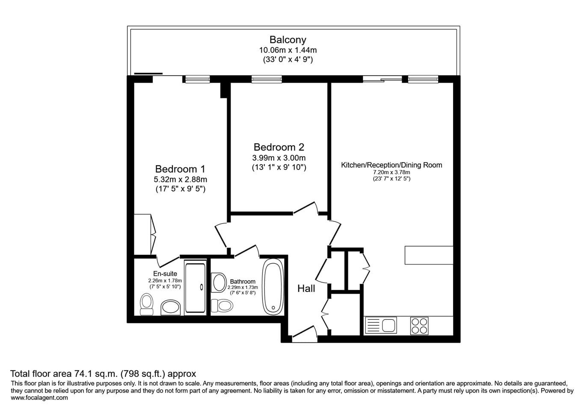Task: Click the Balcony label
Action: click(x=288, y=40)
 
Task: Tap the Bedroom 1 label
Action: click(x=180, y=169)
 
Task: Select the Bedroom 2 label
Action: click(x=279, y=147)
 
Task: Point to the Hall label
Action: click(x=306, y=289)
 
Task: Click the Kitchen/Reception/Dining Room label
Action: click(x=391, y=165)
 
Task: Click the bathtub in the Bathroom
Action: click(x=273, y=287)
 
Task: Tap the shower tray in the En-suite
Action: click(x=195, y=288)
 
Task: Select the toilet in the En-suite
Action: click(x=146, y=304)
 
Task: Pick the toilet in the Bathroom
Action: click(x=222, y=306)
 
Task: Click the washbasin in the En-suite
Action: click(x=171, y=307)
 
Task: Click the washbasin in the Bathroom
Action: click(x=219, y=283)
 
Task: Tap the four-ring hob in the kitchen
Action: click(x=419, y=326)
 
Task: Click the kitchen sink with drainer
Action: click(x=381, y=325)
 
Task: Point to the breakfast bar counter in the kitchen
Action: click(x=429, y=255)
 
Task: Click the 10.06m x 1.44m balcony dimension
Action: click(x=288, y=50)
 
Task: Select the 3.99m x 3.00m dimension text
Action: click(x=279, y=158)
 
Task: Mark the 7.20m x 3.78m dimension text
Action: click(x=391, y=173)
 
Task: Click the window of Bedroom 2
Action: click(x=267, y=79)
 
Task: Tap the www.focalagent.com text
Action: click(x=39, y=398)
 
